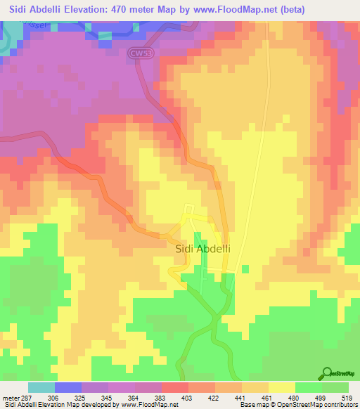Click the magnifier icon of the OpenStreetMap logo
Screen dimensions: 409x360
point(328,372)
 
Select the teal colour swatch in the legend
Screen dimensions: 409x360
point(41,387)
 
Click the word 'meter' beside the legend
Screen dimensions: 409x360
point(11,398)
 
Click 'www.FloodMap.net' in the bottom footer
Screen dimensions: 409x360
point(149,405)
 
